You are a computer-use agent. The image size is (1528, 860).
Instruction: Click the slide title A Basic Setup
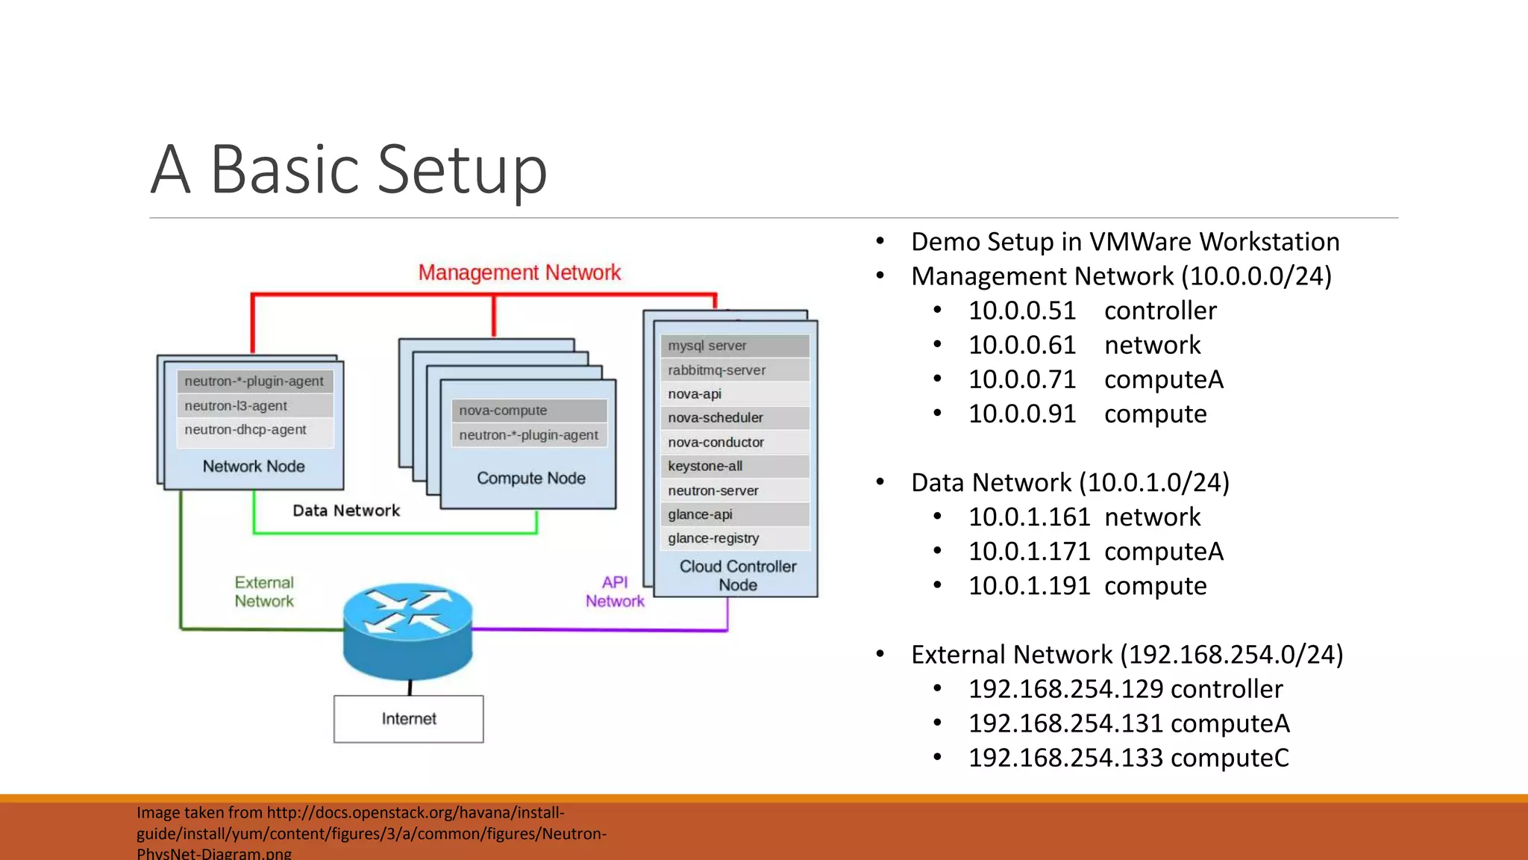(349, 170)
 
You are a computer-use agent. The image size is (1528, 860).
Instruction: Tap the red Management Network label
(519, 272)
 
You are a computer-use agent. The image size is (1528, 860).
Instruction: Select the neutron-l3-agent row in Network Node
(254, 405)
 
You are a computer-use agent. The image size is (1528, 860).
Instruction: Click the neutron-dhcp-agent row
(254, 430)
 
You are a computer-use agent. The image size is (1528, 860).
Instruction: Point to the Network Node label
(254, 467)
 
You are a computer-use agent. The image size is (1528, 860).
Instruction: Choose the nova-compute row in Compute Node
(528, 411)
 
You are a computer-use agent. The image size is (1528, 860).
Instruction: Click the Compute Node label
(531, 479)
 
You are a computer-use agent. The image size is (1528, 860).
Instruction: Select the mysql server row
(734, 346)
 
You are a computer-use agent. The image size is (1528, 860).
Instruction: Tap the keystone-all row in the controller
(734, 467)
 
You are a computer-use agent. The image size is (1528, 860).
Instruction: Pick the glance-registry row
(734, 538)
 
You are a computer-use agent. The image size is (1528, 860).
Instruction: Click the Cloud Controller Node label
(738, 576)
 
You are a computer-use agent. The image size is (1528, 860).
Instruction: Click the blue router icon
(407, 631)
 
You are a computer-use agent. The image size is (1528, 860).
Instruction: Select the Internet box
(408, 719)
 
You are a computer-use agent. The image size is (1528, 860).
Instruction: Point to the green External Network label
(264, 592)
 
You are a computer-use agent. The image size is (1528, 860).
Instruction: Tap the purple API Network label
(615, 592)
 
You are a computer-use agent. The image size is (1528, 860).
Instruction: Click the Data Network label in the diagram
(346, 511)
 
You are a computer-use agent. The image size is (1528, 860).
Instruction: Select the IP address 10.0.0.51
(1022, 311)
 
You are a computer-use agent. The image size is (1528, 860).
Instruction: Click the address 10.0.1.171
(1030, 552)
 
